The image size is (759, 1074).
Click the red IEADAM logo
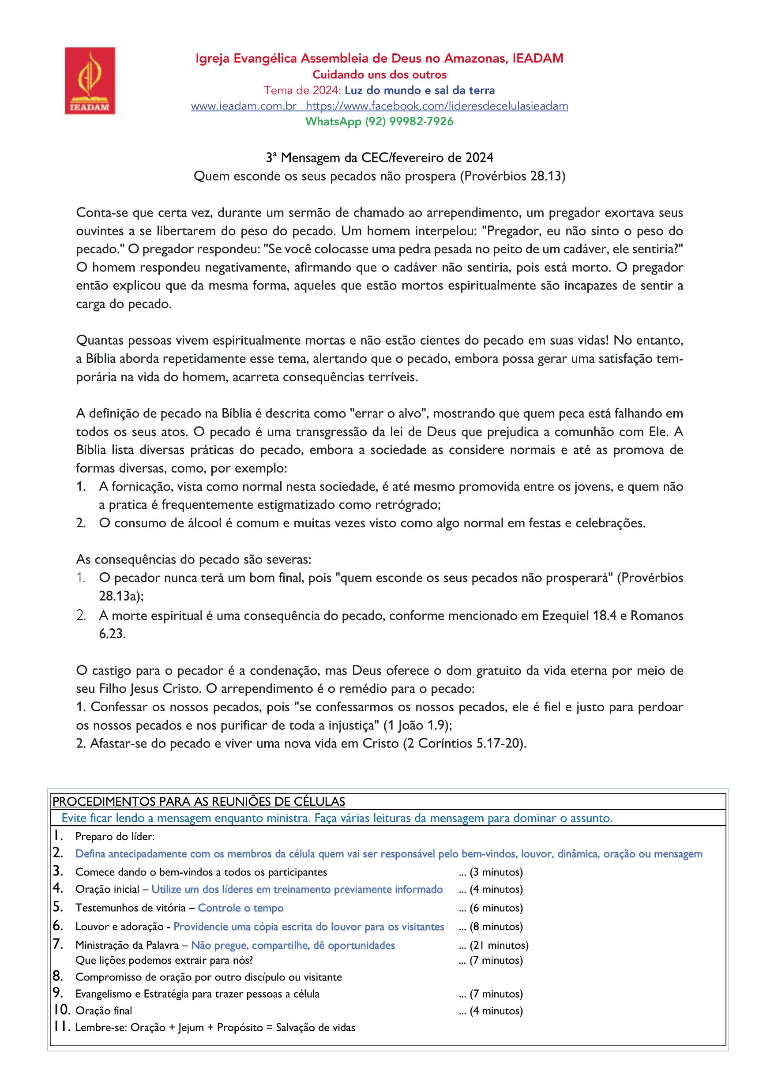click(90, 80)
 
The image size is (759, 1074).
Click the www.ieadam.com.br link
click(243, 106)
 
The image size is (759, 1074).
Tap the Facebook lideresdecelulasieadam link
click(436, 106)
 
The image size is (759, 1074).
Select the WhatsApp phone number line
click(379, 122)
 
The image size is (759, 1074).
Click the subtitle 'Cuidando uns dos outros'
click(379, 75)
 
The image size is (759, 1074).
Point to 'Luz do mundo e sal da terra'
click(419, 90)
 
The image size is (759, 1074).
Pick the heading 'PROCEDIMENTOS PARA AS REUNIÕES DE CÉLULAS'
click(199, 802)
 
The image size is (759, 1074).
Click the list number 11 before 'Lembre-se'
click(61, 1027)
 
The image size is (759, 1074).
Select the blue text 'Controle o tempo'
click(240, 908)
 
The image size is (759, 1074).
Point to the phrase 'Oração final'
click(104, 1011)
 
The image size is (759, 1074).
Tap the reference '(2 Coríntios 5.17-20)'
click(464, 744)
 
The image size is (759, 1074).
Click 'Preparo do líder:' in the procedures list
click(115, 836)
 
